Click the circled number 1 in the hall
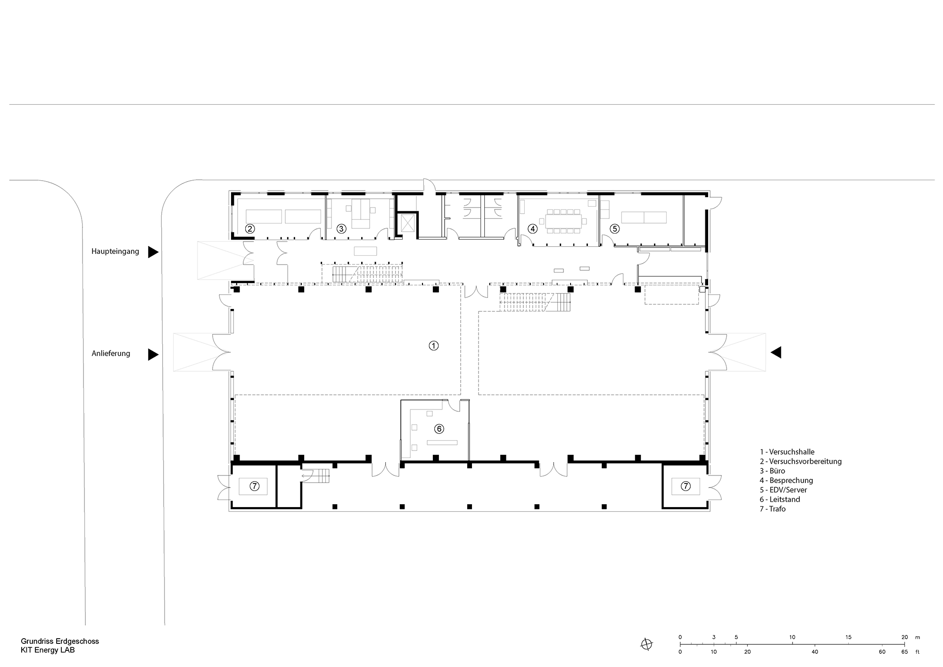(x=433, y=345)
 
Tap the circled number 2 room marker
(x=250, y=228)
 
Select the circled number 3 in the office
(x=341, y=228)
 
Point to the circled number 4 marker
(x=532, y=228)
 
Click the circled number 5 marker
(x=614, y=228)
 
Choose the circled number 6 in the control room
(x=439, y=429)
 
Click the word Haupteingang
(x=115, y=251)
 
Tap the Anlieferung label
(x=111, y=353)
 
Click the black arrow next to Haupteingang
(x=153, y=252)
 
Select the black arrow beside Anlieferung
(x=153, y=354)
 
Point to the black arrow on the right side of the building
(x=776, y=352)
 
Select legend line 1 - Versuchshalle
(x=787, y=451)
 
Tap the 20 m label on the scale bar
(x=904, y=637)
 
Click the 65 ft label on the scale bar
(x=904, y=651)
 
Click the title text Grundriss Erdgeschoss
(x=60, y=642)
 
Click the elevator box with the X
(x=406, y=224)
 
